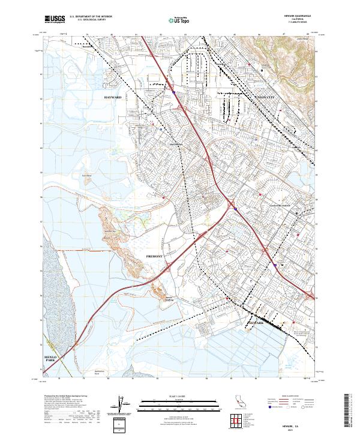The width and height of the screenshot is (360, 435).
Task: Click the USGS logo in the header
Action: (x=55, y=19)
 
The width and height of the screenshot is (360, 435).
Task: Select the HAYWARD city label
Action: (x=112, y=97)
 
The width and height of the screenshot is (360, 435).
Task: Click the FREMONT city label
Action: (x=155, y=256)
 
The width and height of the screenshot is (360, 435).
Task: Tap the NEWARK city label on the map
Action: (x=255, y=323)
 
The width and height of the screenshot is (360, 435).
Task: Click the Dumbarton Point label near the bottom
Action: (x=103, y=372)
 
